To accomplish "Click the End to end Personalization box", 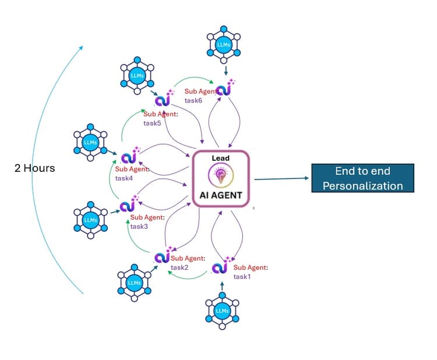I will click(x=362, y=178).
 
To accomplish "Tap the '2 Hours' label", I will click(x=35, y=168).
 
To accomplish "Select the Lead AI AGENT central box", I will click(x=221, y=179).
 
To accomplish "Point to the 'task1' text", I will click(x=242, y=276).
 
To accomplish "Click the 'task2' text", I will click(x=179, y=267).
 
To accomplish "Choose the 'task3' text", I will click(x=139, y=227).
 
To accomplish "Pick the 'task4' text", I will click(x=124, y=178).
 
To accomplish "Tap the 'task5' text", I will click(x=152, y=123).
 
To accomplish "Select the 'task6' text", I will click(x=193, y=100).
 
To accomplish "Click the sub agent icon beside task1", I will click(x=220, y=267).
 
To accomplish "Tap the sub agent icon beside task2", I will click(x=162, y=257).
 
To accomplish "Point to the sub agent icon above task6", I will click(x=224, y=90).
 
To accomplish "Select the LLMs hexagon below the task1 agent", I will click(x=222, y=310).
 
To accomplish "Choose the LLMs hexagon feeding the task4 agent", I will click(x=90, y=142).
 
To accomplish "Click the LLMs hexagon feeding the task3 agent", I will click(x=90, y=220).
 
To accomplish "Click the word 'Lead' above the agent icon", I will click(x=221, y=158).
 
